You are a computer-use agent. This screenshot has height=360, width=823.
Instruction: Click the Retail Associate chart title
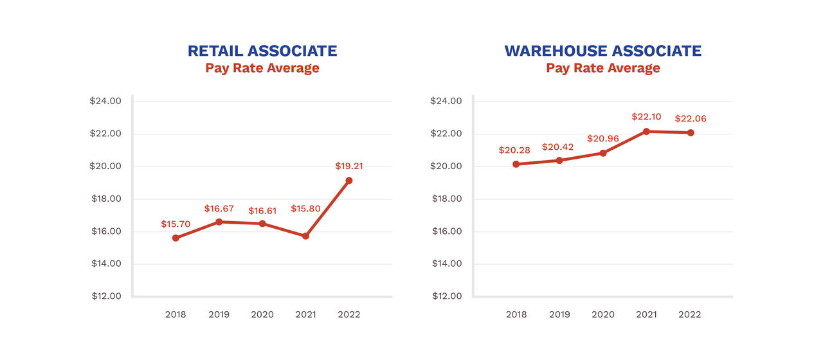click(x=262, y=51)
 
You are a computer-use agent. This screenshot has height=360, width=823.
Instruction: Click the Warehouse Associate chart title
click(x=602, y=51)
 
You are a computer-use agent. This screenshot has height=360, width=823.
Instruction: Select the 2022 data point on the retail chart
click(x=348, y=181)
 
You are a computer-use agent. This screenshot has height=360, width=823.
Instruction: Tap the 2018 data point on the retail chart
click(x=176, y=238)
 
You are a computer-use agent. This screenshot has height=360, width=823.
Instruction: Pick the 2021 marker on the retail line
click(x=305, y=236)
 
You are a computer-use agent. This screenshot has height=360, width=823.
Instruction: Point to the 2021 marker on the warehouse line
click(x=646, y=131)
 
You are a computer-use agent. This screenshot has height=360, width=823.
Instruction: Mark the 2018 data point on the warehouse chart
click(x=516, y=164)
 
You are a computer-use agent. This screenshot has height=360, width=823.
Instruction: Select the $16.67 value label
click(x=220, y=208)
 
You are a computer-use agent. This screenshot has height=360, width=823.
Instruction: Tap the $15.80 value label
click(x=307, y=208)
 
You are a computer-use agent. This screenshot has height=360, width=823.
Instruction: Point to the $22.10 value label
click(x=646, y=116)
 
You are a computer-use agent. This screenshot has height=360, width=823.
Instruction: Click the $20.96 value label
click(x=603, y=138)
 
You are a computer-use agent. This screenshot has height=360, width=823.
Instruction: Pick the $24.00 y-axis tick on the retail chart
click(x=105, y=101)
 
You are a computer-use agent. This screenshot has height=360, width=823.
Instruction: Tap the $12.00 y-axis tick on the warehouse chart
click(x=446, y=296)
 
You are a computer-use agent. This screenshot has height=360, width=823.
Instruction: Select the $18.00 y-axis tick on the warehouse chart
click(x=446, y=199)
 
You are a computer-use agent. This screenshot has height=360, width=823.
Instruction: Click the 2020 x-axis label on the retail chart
click(x=262, y=314)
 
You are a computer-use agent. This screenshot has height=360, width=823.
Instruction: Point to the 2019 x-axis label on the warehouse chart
click(x=559, y=314)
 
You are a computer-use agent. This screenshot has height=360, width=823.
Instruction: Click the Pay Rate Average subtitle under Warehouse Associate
click(x=602, y=68)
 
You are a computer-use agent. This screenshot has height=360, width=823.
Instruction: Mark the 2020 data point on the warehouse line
click(x=603, y=153)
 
